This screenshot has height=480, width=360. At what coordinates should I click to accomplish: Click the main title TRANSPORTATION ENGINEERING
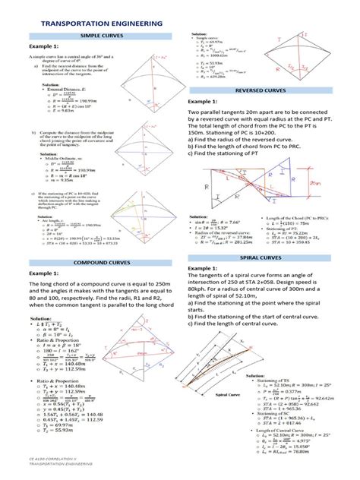coord(96,24)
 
